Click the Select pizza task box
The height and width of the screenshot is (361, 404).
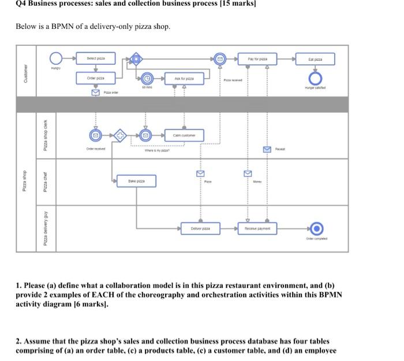pyautogui.click(x=96, y=58)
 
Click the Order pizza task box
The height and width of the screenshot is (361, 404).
pyautogui.click(x=96, y=78)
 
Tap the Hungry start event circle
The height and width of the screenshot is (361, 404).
pyautogui.click(x=56, y=58)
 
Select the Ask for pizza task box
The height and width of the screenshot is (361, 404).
pyautogui.click(x=184, y=78)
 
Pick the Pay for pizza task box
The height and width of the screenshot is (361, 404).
pyautogui.click(x=258, y=58)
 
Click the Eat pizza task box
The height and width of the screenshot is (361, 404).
pyautogui.click(x=315, y=58)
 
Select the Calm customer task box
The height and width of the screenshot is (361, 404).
pyautogui.click(x=184, y=135)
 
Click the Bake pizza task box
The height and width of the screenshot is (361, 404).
pyautogui.click(x=137, y=181)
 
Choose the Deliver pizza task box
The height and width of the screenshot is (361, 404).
pyautogui.click(x=200, y=229)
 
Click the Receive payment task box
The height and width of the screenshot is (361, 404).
pyautogui.click(x=258, y=229)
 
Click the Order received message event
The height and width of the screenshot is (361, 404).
pyautogui.click(x=96, y=135)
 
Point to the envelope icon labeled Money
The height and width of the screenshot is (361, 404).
pyautogui.click(x=247, y=172)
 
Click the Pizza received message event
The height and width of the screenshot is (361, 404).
pyautogui.click(x=219, y=58)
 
